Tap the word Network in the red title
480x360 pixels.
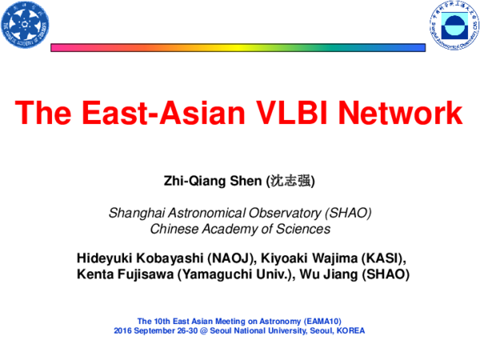point(407,113)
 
